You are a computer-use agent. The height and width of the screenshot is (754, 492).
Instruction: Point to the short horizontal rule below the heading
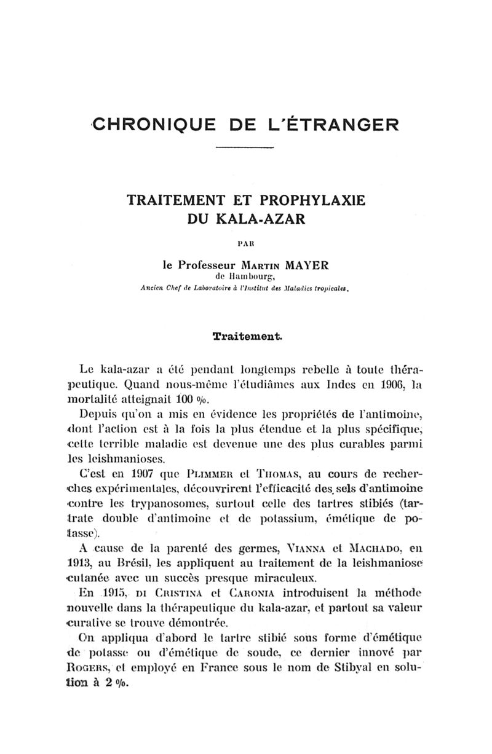pyautogui.click(x=245, y=148)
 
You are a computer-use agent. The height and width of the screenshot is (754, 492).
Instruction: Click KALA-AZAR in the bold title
pyautogui.click(x=265, y=219)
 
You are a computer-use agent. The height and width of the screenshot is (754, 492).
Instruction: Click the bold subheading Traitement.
pyautogui.click(x=247, y=336)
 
